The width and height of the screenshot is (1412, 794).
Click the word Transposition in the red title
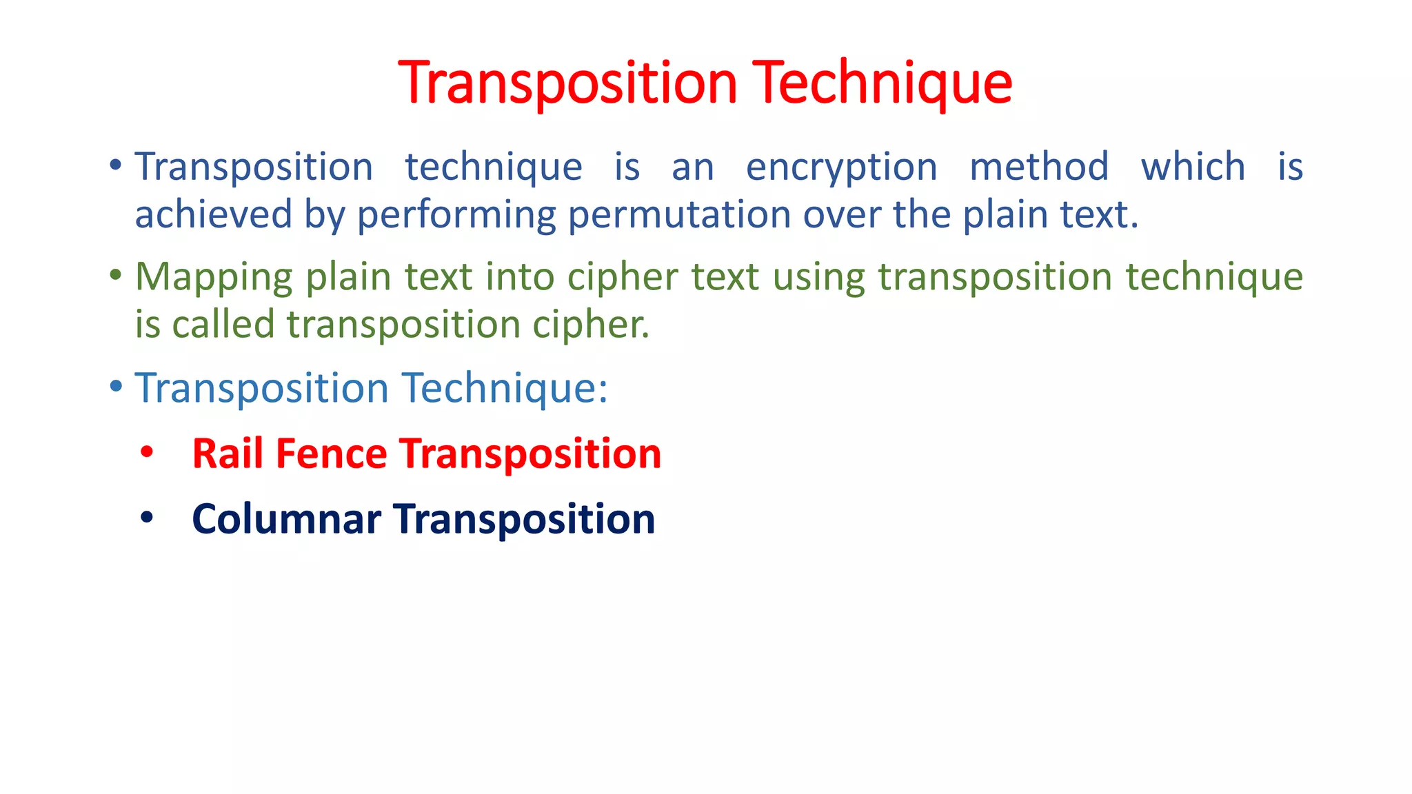(x=567, y=83)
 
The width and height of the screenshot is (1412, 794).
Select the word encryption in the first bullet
(x=842, y=167)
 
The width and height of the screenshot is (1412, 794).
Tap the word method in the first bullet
(x=1039, y=167)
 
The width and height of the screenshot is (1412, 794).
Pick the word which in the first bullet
(x=1193, y=167)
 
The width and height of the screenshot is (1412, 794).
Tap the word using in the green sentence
(x=818, y=277)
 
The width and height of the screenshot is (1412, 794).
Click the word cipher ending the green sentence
(x=589, y=325)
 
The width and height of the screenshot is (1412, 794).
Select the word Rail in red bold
(x=228, y=454)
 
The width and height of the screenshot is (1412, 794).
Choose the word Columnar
(x=286, y=519)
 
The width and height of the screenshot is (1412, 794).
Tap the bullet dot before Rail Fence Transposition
(x=146, y=453)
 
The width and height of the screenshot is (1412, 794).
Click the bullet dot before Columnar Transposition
(x=146, y=518)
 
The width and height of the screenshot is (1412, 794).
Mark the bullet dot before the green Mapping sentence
(x=116, y=276)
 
